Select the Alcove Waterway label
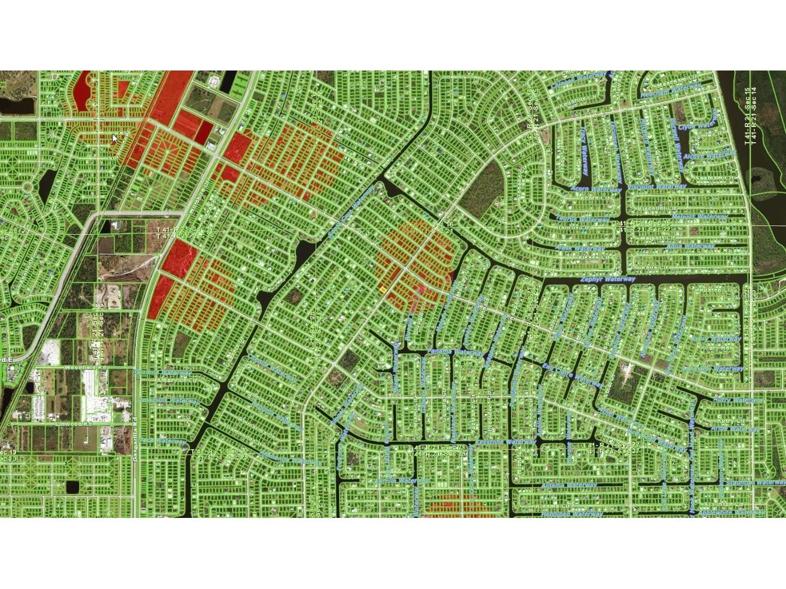(709, 156)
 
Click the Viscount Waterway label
(657, 187)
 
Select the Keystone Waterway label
(505, 442)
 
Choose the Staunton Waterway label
(756, 482)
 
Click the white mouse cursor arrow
(115, 139)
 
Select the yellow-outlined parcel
(382, 288)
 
